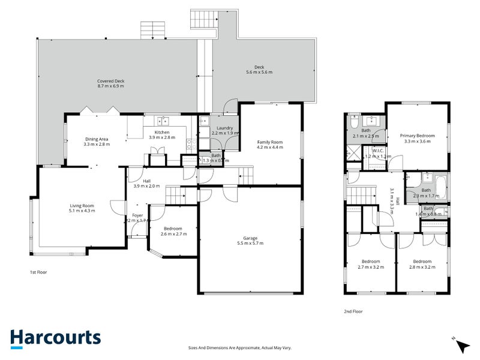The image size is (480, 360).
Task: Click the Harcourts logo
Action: (55, 338)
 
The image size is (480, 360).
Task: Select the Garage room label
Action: (250, 238)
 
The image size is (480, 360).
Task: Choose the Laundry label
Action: (224, 128)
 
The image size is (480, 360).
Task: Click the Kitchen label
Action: (162, 133)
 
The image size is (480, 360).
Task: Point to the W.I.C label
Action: (377, 151)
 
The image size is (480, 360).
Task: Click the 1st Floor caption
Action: (38, 272)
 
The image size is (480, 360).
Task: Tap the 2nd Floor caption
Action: (353, 311)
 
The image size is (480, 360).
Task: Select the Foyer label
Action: (137, 215)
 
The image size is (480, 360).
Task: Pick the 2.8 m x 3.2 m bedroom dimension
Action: (422, 267)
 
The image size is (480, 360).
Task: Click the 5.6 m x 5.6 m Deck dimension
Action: (259, 73)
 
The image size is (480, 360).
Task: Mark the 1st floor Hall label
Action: (146, 181)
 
